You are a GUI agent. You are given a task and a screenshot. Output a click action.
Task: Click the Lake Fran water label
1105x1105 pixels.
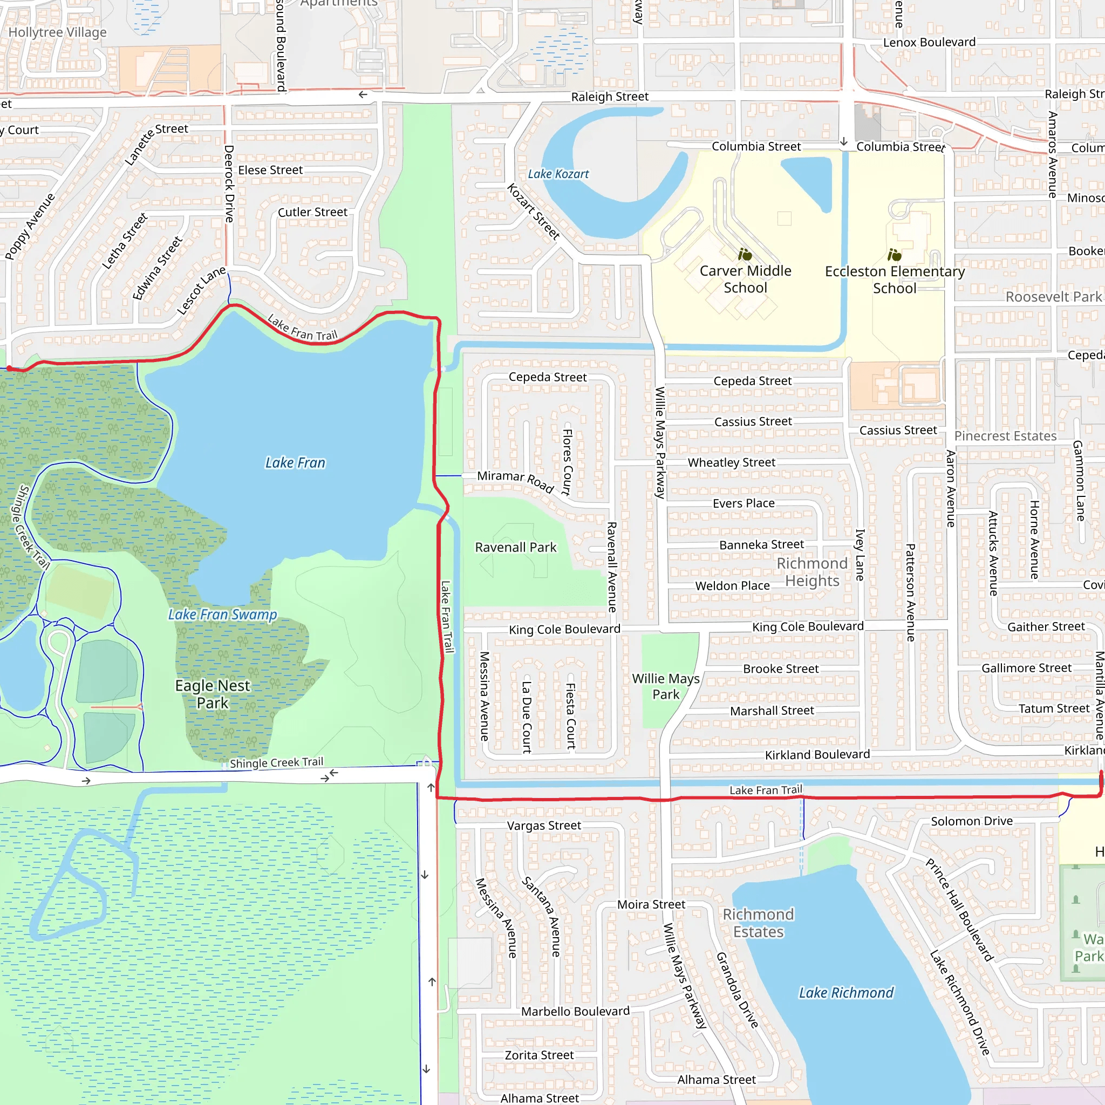(295, 463)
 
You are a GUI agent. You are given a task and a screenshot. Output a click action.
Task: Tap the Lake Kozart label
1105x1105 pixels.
(558, 174)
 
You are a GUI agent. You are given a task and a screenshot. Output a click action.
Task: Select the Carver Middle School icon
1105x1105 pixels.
(745, 254)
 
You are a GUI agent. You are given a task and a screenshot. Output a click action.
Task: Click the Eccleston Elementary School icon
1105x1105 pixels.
(895, 255)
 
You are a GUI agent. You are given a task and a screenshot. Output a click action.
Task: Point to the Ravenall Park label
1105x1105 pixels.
(515, 547)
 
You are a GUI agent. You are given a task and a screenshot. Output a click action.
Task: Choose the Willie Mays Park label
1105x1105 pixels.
(666, 686)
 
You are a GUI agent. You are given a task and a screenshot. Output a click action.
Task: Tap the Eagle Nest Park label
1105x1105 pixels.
(212, 694)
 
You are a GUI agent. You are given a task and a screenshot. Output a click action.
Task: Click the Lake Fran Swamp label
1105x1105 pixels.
(222, 614)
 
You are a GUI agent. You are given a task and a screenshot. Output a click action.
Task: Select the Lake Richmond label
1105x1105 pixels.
(846, 992)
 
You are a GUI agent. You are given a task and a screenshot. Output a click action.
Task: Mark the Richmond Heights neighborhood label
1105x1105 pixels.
(812, 572)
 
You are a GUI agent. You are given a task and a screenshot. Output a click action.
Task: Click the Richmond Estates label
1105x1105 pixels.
(759, 923)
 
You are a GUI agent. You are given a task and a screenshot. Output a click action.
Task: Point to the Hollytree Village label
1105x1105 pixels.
(57, 32)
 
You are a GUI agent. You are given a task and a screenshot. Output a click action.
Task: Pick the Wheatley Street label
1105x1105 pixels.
(732, 462)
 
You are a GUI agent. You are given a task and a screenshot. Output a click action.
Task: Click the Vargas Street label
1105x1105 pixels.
(544, 826)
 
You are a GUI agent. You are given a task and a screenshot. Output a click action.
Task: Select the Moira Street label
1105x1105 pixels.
(651, 904)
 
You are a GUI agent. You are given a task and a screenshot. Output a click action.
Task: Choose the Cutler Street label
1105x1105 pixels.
(312, 212)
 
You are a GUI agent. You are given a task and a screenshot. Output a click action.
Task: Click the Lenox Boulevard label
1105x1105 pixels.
(930, 42)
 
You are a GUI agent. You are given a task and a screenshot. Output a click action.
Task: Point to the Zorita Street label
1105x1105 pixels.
(539, 1055)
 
